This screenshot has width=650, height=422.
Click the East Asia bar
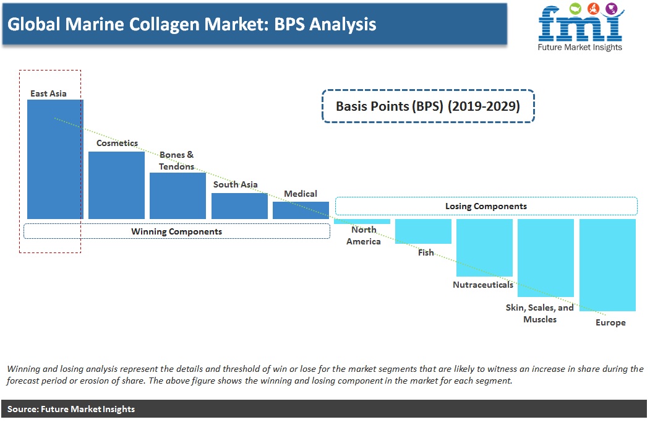(55, 159)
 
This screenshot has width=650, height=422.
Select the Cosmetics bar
(116, 185)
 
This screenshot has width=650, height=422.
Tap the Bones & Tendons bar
(178, 196)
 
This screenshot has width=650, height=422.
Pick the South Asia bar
(239, 206)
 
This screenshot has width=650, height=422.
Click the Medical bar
(301, 210)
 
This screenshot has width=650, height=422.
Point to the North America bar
(362, 222)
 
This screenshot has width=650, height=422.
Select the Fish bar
(423, 231)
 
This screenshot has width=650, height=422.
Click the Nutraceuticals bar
(485, 248)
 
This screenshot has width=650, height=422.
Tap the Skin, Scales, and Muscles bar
(546, 257)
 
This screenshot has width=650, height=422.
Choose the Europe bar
(608, 265)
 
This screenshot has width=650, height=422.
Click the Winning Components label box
(177, 231)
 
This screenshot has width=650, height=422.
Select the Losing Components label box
(486, 206)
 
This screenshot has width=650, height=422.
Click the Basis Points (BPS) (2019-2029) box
(428, 106)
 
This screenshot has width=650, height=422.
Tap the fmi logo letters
(581, 24)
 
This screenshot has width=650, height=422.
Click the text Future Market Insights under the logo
(580, 47)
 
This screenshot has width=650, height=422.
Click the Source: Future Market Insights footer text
(71, 409)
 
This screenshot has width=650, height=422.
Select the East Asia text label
(48, 93)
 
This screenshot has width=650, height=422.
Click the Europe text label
(610, 322)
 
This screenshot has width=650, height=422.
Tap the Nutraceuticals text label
(483, 285)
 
